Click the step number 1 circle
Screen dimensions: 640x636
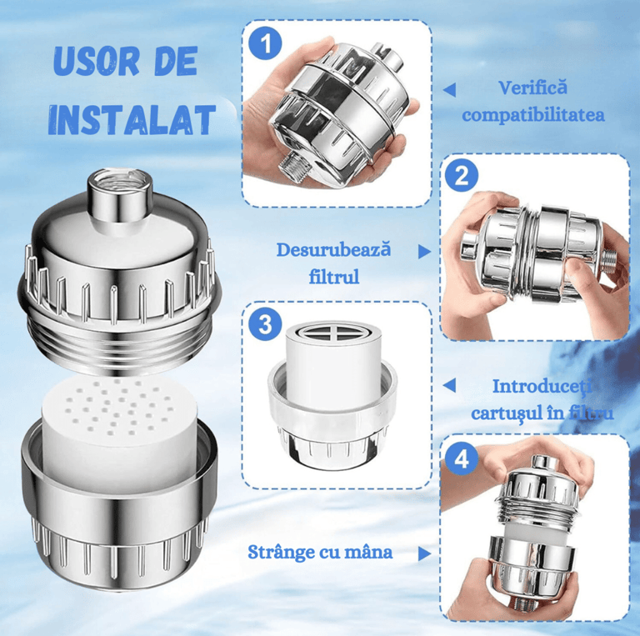pyautogui.click(x=266, y=43)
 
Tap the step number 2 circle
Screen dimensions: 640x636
pyautogui.click(x=462, y=176)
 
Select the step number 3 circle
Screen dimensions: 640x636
pyautogui.click(x=266, y=325)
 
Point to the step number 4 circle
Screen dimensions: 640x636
pyautogui.click(x=462, y=458)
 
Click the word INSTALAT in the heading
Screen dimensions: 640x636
pyautogui.click(x=132, y=119)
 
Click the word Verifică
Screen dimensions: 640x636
pyautogui.click(x=533, y=88)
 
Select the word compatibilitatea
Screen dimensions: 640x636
pyautogui.click(x=533, y=115)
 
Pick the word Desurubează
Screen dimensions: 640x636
pyautogui.click(x=333, y=250)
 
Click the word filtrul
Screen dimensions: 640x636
pyautogui.click(x=334, y=277)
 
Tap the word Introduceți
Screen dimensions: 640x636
pyautogui.click(x=542, y=387)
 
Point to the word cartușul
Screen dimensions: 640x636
pyautogui.click(x=505, y=413)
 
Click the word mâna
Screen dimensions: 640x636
pyautogui.click(x=368, y=552)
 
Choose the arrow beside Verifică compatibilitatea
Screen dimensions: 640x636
pyautogui.click(x=449, y=90)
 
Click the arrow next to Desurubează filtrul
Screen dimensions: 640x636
pyautogui.click(x=424, y=252)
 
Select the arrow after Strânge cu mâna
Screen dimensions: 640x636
pyautogui.click(x=424, y=553)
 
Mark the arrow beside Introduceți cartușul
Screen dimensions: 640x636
pyautogui.click(x=449, y=385)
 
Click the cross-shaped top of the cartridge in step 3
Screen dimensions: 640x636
pyautogui.click(x=333, y=334)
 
